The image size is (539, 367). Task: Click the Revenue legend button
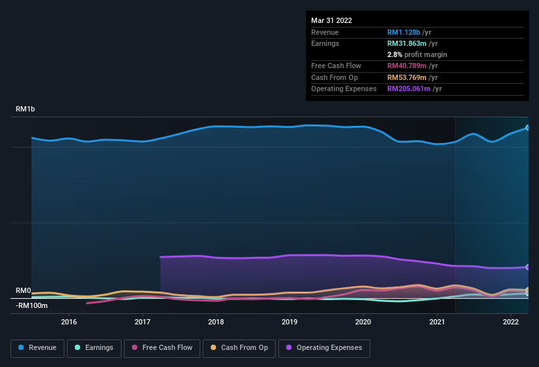[x=37, y=348]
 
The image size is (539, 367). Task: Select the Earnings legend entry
[x=93, y=348]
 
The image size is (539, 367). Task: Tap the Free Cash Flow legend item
[x=162, y=348]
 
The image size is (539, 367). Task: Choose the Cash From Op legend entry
[x=238, y=348]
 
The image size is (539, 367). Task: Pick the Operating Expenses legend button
[x=324, y=348]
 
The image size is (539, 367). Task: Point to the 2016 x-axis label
[x=69, y=322]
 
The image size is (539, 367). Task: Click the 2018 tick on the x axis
[x=216, y=322]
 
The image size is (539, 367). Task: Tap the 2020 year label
[x=363, y=322]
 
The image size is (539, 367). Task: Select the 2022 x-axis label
[x=511, y=322]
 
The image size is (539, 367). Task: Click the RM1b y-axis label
[x=26, y=109]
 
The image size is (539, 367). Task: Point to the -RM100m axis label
[x=32, y=305]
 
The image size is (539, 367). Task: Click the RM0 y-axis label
[x=24, y=290]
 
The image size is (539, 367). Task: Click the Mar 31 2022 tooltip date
[x=332, y=20]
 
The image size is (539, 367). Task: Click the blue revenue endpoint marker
[x=527, y=128]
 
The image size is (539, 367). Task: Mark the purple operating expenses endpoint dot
[x=527, y=267]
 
